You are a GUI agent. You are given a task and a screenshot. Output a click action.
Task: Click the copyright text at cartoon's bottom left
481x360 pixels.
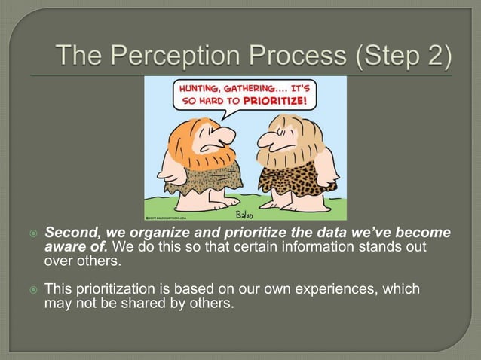[167, 216]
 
